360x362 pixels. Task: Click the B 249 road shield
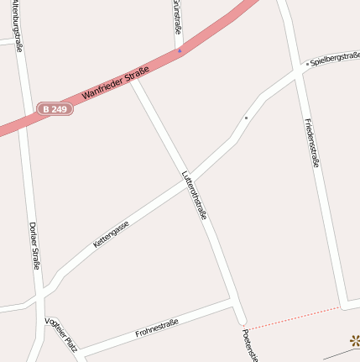click(55, 109)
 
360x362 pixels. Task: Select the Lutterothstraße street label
click(194, 196)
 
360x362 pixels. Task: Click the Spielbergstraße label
click(335, 57)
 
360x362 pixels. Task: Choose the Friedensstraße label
click(312, 142)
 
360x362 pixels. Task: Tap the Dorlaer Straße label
click(34, 246)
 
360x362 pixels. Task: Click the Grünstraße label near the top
click(177, 17)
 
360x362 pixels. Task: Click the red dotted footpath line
click(294, 316)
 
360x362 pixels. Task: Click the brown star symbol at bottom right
click(354, 340)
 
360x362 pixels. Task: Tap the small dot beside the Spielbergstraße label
click(307, 63)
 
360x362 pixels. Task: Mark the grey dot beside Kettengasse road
click(246, 118)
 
